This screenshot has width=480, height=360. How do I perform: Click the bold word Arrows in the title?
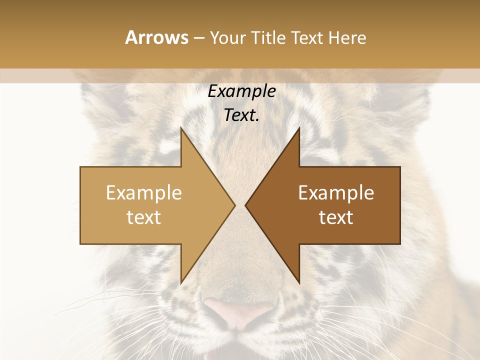point(157,37)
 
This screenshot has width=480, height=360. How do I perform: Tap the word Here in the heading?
point(347,37)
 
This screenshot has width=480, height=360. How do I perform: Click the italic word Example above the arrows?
point(241,91)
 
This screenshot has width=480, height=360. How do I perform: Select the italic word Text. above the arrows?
point(241,115)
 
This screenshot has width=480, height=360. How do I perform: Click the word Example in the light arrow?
point(144,193)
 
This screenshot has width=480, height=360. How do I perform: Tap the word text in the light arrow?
point(144,217)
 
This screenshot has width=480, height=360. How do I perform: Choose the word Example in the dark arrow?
point(336,193)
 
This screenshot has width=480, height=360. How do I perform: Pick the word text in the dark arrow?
point(336,217)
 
